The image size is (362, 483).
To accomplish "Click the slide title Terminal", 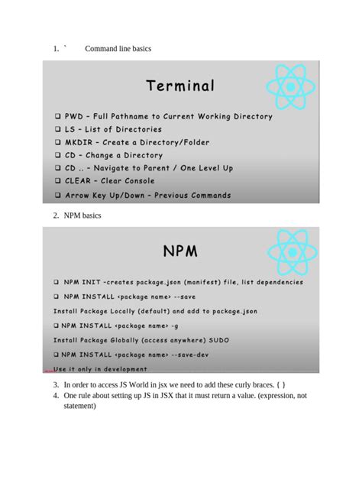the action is pos(181,86).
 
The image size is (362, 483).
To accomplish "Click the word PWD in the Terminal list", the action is pos(74,116).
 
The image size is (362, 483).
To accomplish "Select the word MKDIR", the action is pos(78,142).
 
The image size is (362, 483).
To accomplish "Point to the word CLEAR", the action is pos(79,181).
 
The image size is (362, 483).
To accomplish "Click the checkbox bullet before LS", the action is pos(57,129).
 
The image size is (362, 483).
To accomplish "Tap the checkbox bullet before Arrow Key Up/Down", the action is pos(57,196).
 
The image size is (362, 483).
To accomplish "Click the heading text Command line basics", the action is pos(118,49).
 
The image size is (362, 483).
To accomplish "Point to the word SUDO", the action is pos(217,339).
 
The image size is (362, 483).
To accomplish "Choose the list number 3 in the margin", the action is pos(56,384).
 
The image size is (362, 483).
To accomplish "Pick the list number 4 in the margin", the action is pos(56,396).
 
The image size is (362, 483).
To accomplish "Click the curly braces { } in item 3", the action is pos(280,384).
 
